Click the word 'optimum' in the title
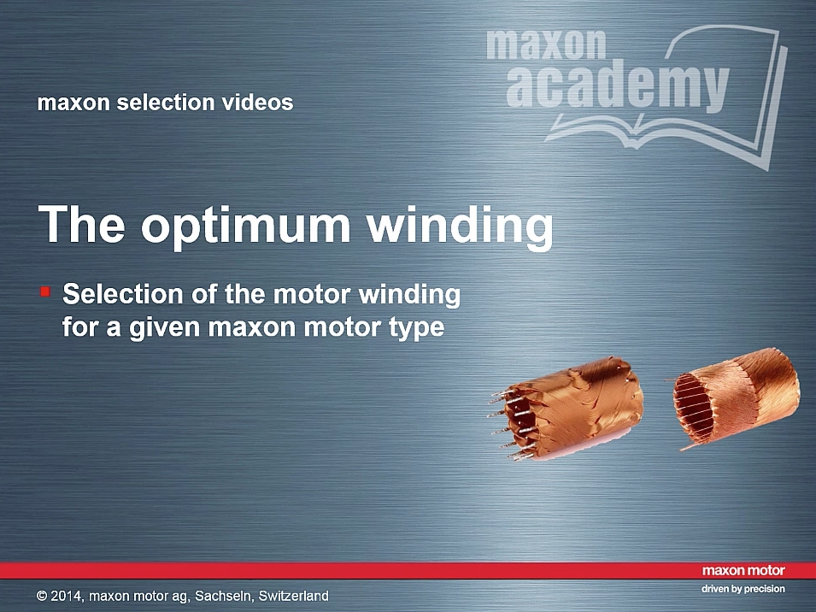[245, 225]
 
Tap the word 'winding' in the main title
[459, 224]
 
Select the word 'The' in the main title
[82, 223]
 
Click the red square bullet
[45, 291]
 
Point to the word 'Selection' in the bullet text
[123, 294]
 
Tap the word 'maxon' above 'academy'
[546, 44]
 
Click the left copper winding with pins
[567, 409]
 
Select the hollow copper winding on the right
[736, 397]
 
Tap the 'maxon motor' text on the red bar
[743, 571]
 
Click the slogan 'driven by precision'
[743, 589]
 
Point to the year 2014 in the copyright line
[66, 596]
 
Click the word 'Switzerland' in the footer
[294, 596]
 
